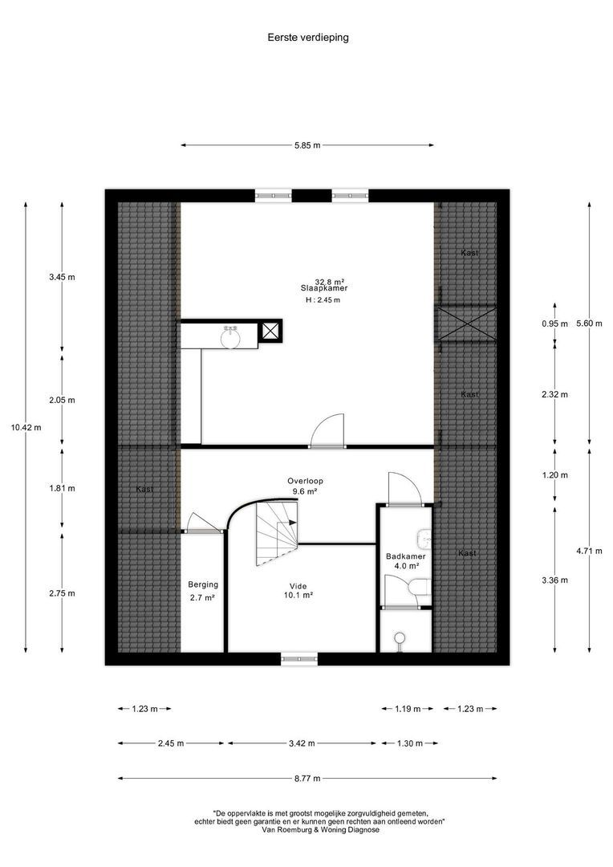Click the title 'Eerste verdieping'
308,37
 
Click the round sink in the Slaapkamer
231,338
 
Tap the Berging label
203,585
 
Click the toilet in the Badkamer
416,588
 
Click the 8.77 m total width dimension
306,778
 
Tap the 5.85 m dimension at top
306,145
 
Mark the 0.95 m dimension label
554,324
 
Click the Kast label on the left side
144,489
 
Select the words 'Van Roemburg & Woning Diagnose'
320,830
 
